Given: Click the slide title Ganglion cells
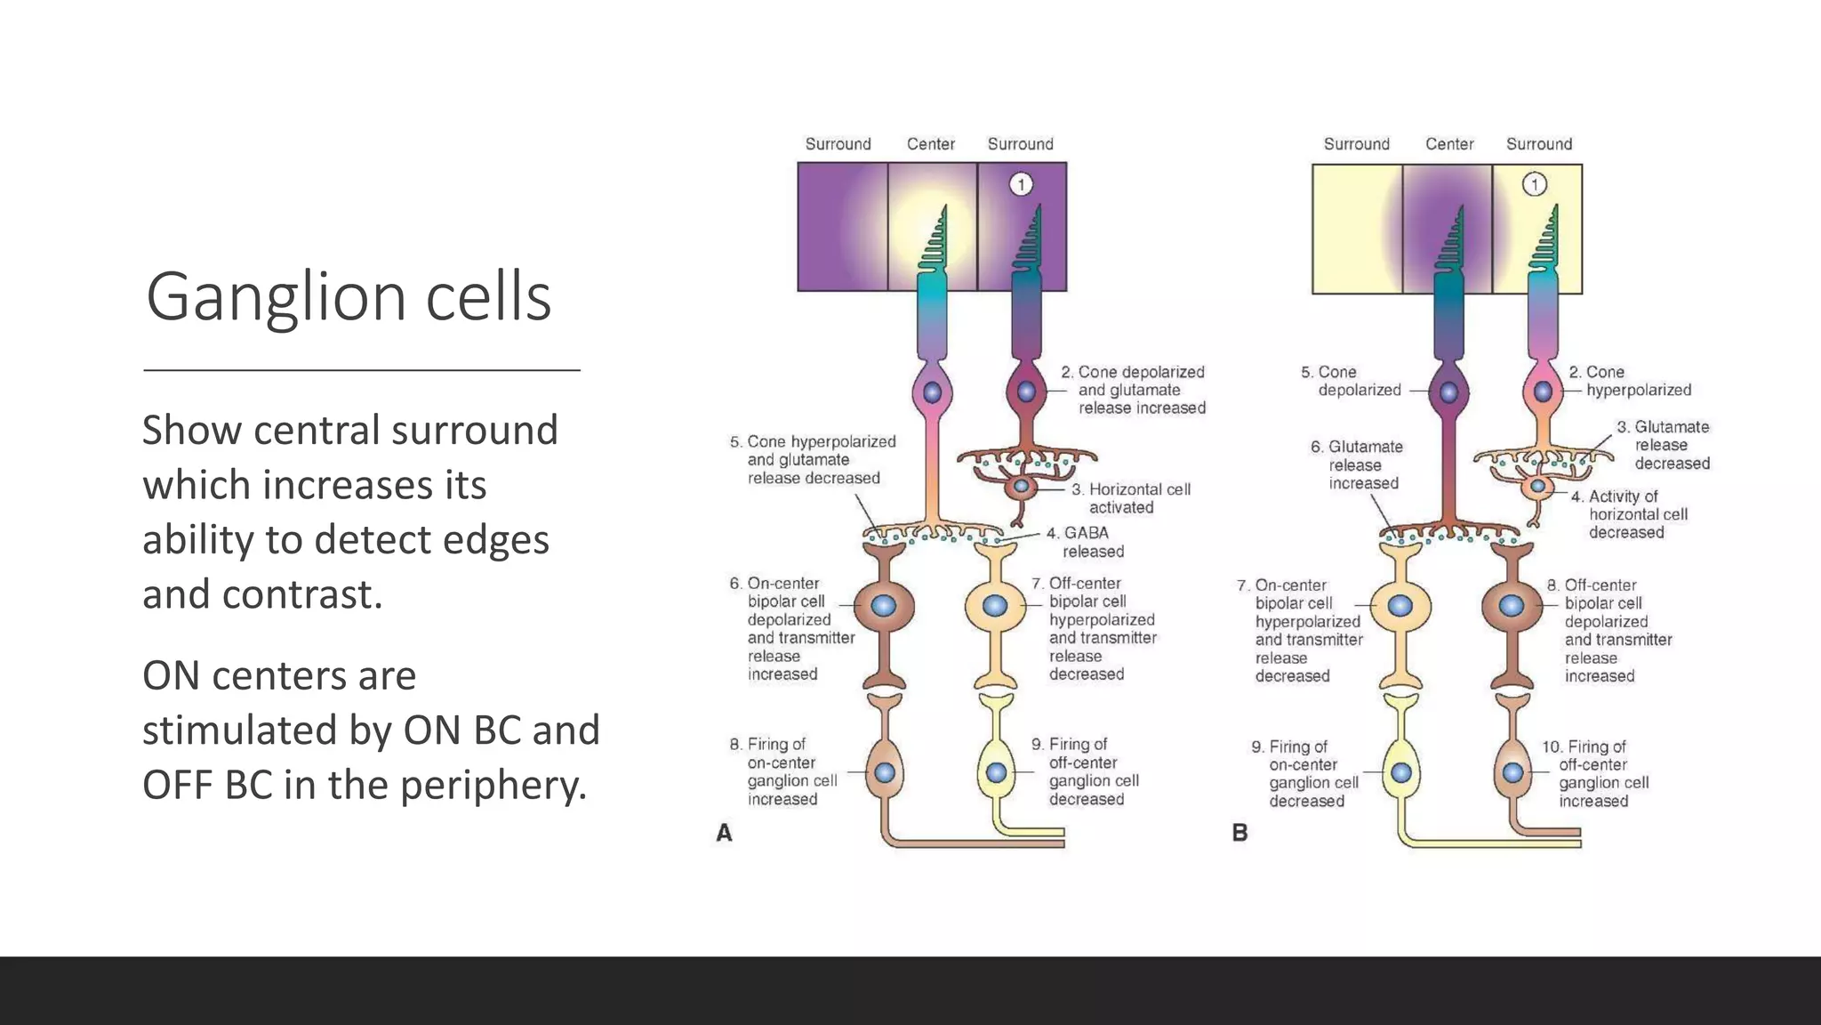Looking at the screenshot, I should pyautogui.click(x=349, y=296).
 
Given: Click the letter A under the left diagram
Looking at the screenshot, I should pyautogui.click(x=725, y=833).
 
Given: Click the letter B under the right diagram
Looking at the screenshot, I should pyautogui.click(x=1239, y=833).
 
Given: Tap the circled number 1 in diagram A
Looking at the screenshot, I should pyautogui.click(x=1021, y=184).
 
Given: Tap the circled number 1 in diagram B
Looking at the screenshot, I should pyautogui.click(x=1535, y=184).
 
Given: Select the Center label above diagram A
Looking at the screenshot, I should pyautogui.click(x=930, y=144).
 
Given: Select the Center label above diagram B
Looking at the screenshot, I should pyautogui.click(x=1449, y=144).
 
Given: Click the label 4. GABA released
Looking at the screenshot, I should pyautogui.click(x=1085, y=542).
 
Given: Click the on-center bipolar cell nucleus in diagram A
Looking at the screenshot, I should pyautogui.click(x=883, y=606).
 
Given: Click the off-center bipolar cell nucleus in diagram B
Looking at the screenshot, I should pyautogui.click(x=1512, y=606).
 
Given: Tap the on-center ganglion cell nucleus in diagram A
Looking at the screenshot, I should pyautogui.click(x=885, y=772).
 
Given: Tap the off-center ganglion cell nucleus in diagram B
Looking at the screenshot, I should pyautogui.click(x=1513, y=772).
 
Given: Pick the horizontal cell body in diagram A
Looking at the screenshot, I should pyautogui.click(x=1022, y=487).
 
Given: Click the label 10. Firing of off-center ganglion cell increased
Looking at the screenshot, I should pyautogui.click(x=1595, y=773).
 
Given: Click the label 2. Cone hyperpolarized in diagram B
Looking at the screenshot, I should pyautogui.click(x=1631, y=381).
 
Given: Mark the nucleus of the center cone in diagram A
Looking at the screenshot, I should pyautogui.click(x=932, y=392).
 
